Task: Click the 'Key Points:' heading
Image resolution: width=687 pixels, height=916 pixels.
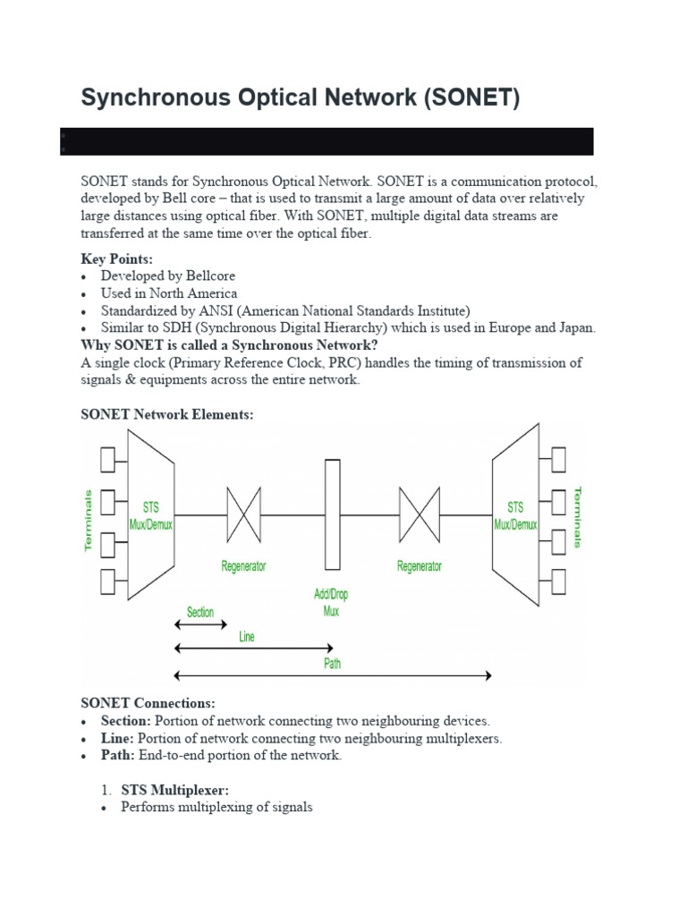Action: click(117, 259)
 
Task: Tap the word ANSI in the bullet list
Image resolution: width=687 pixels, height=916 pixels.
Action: click(208, 310)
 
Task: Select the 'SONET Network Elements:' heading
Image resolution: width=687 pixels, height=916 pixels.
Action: click(167, 414)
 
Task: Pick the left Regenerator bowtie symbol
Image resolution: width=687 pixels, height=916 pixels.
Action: click(243, 514)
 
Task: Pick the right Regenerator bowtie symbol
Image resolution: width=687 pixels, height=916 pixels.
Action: click(419, 514)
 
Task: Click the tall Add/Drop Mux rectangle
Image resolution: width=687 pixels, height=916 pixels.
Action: click(333, 514)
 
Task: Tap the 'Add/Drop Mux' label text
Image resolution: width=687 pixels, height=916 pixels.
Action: click(331, 603)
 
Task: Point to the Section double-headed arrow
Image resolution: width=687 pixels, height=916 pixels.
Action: click(200, 625)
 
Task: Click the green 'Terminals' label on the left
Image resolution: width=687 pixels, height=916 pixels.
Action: click(89, 519)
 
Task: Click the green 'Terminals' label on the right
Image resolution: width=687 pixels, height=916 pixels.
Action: click(577, 517)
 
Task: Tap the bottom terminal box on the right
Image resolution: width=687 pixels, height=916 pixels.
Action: click(557, 581)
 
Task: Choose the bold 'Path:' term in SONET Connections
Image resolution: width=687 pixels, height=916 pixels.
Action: click(118, 755)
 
